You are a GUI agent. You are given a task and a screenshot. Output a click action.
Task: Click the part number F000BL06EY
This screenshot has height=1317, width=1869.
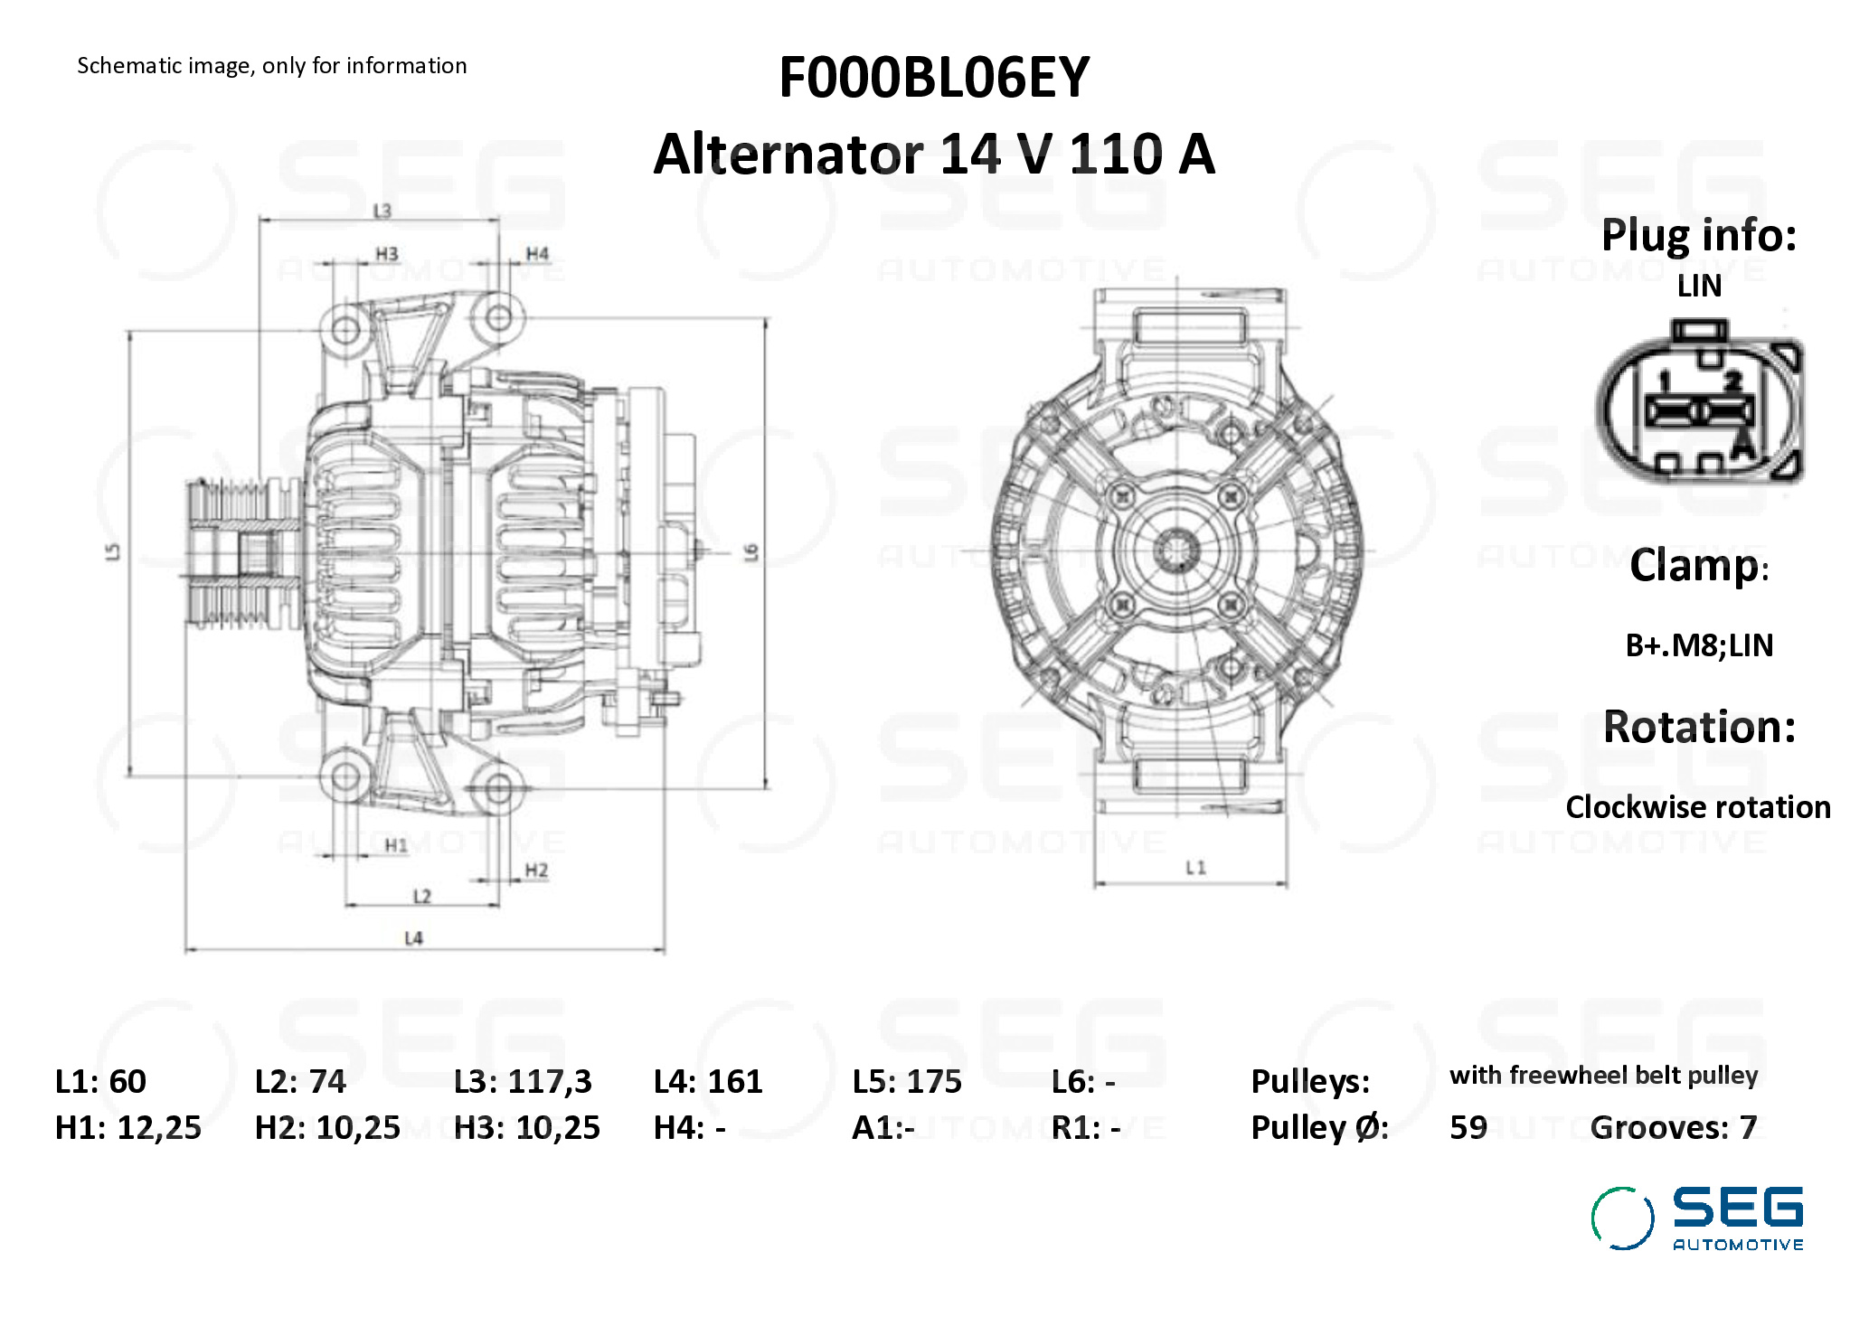click(934, 78)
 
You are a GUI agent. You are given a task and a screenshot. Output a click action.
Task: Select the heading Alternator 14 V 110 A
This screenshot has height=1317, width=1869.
click(934, 154)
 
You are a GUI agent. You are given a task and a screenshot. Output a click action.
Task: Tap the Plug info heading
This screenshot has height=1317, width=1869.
click(1699, 236)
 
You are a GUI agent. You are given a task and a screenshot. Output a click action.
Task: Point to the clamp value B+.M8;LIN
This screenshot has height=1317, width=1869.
click(1699, 645)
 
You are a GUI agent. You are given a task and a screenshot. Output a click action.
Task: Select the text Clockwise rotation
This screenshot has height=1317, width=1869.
click(1698, 807)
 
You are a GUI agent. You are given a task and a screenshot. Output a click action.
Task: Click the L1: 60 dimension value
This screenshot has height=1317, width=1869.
click(100, 1081)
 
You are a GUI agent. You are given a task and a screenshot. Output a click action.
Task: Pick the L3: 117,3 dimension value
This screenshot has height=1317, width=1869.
click(523, 1081)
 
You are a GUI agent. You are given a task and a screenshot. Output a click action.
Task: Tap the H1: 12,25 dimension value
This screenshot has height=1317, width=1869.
click(128, 1127)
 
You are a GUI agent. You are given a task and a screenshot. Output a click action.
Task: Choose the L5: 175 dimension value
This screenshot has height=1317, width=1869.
click(907, 1081)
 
